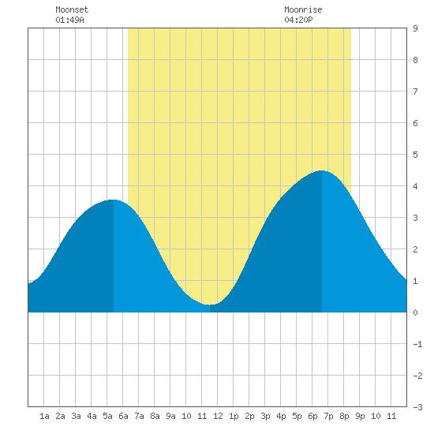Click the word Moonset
(72, 9)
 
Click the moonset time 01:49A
(69, 20)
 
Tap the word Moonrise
(303, 9)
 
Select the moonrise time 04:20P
(298, 20)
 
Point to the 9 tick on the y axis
(415, 28)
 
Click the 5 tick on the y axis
(415, 155)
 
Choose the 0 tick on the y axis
(415, 312)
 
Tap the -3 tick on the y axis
(417, 407)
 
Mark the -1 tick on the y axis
(417, 344)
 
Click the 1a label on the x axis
(44, 416)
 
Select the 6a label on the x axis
(123, 416)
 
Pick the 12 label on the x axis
(218, 416)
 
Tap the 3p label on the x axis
(265, 416)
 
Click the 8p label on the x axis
(344, 416)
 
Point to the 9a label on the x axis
(170, 416)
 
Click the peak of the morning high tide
(113, 200)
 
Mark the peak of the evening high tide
(322, 170)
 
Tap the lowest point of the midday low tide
(210, 305)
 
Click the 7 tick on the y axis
(415, 92)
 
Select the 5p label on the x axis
(297, 416)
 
